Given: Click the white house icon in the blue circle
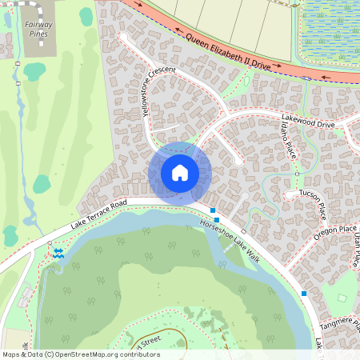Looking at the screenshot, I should click(180, 172).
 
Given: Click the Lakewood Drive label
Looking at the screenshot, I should click(308, 120).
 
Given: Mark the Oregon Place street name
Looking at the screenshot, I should click(335, 232).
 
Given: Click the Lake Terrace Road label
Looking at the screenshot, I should click(99, 214).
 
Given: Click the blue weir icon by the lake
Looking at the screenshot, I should click(58, 253).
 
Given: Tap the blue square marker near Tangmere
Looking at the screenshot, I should click(304, 294).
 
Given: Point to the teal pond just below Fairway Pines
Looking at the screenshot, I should click(34, 71).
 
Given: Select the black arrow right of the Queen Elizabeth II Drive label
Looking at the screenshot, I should click(326, 78).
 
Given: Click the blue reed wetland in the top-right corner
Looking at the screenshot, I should click(329, 32).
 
